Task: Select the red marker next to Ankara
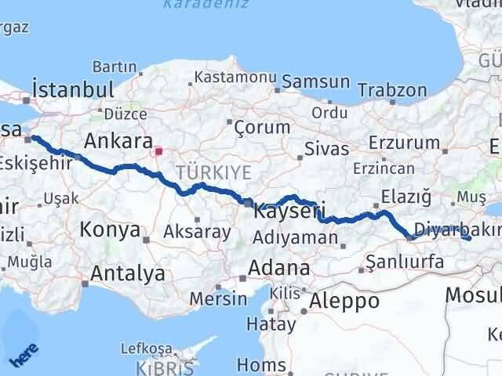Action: pos(158,150)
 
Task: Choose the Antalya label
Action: pos(128,273)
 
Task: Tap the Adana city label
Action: pos(278,268)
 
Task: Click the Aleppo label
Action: pos(344,301)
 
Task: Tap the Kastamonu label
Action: pos(235,78)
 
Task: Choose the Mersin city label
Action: pos(218,298)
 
